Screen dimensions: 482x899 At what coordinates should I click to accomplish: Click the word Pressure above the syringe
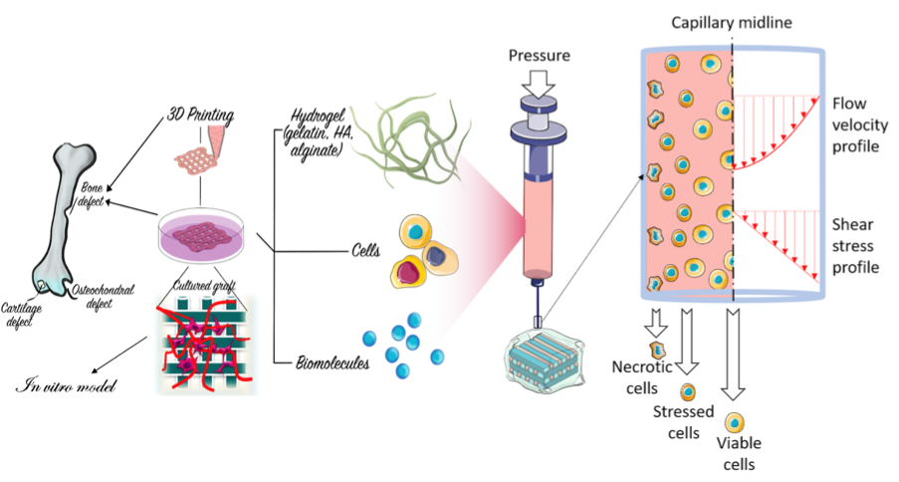tap(539, 56)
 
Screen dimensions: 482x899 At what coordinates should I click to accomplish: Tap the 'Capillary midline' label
tap(730, 22)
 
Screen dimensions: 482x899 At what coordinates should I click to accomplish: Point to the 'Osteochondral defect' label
tap(103, 296)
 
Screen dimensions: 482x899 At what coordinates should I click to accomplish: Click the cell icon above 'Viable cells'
tap(735, 422)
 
